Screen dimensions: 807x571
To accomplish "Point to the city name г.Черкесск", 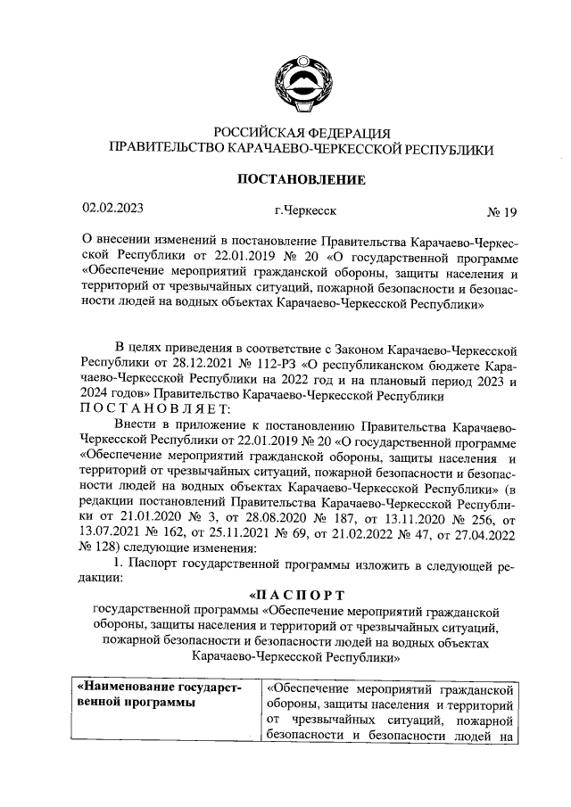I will [306, 211].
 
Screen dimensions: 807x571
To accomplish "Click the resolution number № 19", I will [501, 212].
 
